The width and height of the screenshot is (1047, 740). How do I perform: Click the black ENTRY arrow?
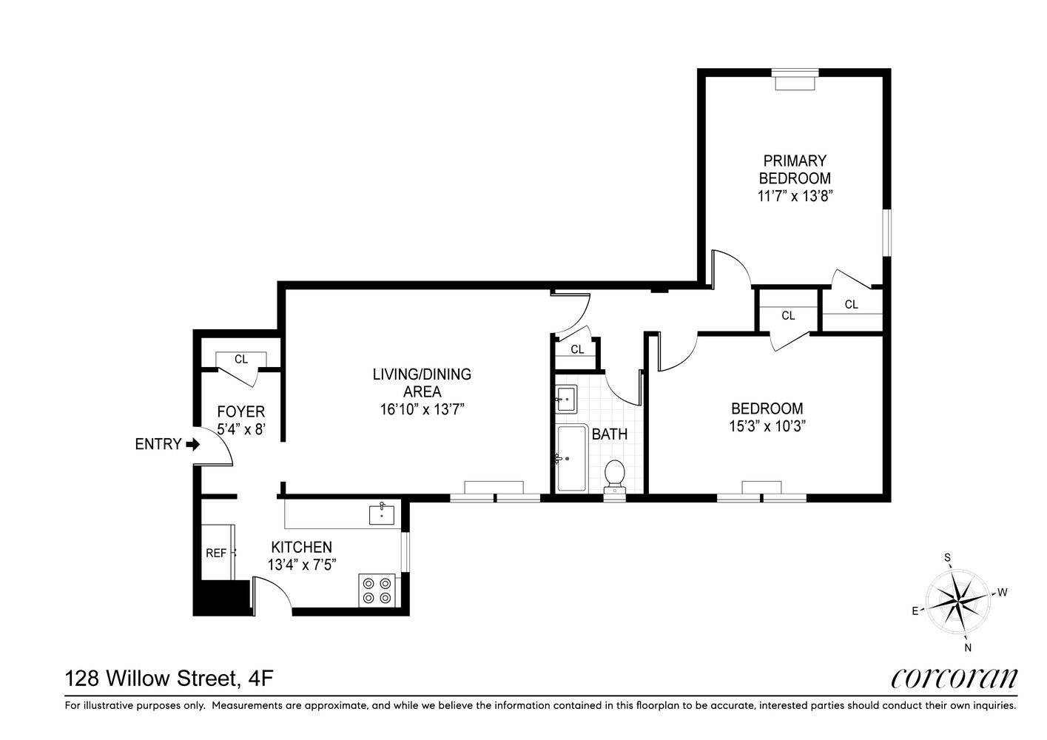click(x=192, y=444)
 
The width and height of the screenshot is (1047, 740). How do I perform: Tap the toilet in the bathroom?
click(x=615, y=477)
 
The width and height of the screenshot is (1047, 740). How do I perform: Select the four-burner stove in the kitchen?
click(x=377, y=591)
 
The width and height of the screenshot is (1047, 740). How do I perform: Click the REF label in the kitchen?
click(x=216, y=554)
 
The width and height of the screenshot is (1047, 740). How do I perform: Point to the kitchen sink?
click(x=381, y=514)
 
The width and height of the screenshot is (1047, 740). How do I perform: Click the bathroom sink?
click(x=566, y=399)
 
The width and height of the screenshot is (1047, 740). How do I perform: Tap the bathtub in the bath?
click(x=572, y=458)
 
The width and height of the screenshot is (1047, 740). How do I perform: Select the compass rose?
click(x=958, y=602)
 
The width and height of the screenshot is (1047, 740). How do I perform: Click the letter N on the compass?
click(x=968, y=648)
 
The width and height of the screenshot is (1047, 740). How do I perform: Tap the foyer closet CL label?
click(x=241, y=359)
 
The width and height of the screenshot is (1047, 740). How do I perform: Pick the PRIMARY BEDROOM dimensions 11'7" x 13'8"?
click(x=795, y=196)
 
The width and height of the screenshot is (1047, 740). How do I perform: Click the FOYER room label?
click(x=241, y=411)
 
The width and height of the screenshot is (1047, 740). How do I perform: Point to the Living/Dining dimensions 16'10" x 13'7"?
click(x=422, y=409)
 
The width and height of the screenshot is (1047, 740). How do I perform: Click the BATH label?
click(x=610, y=434)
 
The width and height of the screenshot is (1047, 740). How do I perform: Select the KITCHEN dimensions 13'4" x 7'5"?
click(x=302, y=565)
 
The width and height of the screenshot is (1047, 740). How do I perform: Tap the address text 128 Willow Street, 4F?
click(x=169, y=679)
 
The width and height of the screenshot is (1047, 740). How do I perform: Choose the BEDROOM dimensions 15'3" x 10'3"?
click(x=767, y=426)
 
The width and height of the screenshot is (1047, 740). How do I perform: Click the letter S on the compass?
click(x=947, y=557)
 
